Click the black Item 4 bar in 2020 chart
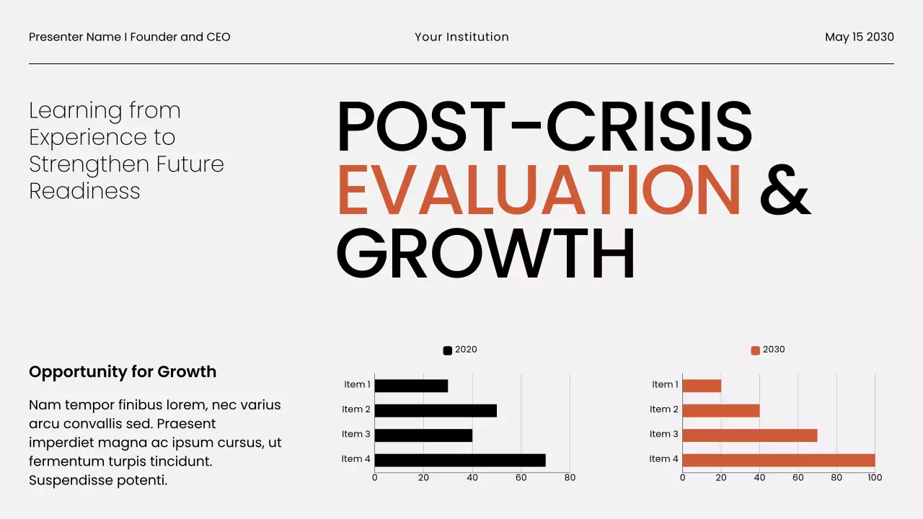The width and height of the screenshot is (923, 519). click(x=460, y=460)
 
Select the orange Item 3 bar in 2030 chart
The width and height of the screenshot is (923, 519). click(x=749, y=435)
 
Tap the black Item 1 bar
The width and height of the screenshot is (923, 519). click(x=411, y=386)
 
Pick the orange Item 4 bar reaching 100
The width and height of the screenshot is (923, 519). click(x=778, y=460)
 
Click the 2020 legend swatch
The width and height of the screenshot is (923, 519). click(x=447, y=350)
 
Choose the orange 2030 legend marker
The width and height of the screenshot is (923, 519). click(x=755, y=350)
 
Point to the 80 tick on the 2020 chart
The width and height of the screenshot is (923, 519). click(x=570, y=477)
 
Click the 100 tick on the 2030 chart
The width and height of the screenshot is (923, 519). click(x=875, y=477)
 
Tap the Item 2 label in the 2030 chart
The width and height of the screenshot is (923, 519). click(x=663, y=409)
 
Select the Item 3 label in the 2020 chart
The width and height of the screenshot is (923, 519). click(x=355, y=434)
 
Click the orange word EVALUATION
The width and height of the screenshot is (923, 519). click(x=539, y=190)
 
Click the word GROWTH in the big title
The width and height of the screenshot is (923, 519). click(x=485, y=254)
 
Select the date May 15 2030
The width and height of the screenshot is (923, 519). click(x=859, y=37)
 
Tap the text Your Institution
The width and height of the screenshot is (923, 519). click(x=461, y=37)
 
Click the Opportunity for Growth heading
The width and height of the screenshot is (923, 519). click(x=123, y=372)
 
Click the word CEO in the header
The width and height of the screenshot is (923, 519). click(x=218, y=37)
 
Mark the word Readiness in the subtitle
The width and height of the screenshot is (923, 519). click(x=84, y=191)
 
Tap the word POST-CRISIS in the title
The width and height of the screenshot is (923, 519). click(x=544, y=126)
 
